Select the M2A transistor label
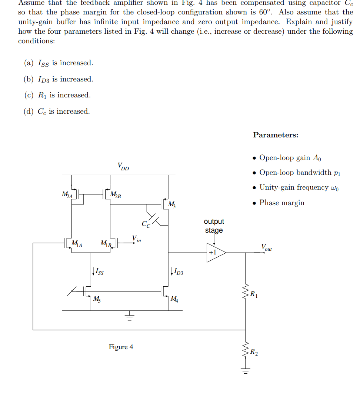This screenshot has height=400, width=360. click(x=67, y=194)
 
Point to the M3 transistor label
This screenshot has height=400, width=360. click(x=172, y=204)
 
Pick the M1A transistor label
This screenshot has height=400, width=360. click(x=77, y=244)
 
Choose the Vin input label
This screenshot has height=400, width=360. click(x=136, y=239)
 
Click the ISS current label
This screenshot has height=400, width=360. click(x=99, y=272)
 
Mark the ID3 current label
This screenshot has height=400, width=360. click(x=178, y=273)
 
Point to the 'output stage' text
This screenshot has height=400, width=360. click(x=214, y=226)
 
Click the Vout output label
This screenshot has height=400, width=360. click(x=266, y=247)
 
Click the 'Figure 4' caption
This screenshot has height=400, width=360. click(x=121, y=347)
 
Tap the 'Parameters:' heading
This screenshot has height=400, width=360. click(x=276, y=135)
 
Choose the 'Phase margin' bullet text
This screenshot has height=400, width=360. click(x=282, y=203)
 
